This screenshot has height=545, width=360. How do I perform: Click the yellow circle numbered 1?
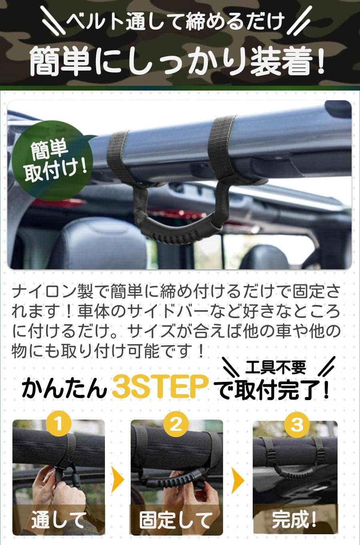(x=58, y=424)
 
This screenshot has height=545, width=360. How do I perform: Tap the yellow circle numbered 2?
(x=176, y=424)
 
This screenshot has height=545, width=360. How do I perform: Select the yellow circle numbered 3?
(x=297, y=425)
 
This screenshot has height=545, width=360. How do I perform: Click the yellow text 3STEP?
(x=160, y=387)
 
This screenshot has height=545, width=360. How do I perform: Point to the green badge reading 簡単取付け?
(x=52, y=161)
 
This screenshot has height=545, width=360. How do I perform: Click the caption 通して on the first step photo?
(x=58, y=519)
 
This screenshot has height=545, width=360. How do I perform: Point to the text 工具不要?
(x=276, y=367)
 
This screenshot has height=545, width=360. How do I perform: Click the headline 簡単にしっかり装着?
(x=177, y=61)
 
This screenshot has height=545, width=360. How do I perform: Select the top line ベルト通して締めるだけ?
(x=175, y=21)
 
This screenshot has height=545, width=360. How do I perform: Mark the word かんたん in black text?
(x=64, y=388)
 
